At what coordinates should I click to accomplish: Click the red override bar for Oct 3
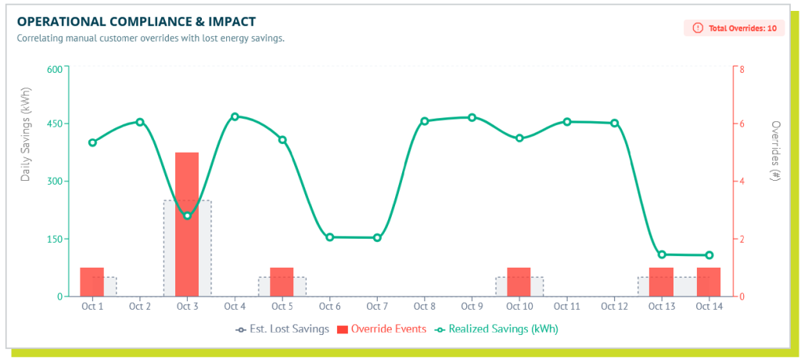point(187,224)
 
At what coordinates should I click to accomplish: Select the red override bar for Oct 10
point(519,282)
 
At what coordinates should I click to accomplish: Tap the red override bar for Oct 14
point(709,282)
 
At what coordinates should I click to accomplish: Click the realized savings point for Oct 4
point(235,117)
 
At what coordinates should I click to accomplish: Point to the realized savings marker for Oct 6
point(329,237)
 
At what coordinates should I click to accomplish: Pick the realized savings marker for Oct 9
point(472,117)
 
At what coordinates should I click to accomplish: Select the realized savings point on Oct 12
point(614,123)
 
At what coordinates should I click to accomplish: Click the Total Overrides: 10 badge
point(735,28)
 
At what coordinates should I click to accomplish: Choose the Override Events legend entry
point(381,329)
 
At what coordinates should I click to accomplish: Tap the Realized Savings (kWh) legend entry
point(497,329)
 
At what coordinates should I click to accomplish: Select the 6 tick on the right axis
point(742,124)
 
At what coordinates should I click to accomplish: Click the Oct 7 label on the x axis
point(377,307)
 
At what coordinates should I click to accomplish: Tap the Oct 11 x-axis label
point(566,307)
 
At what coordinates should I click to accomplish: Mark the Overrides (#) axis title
point(776,151)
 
